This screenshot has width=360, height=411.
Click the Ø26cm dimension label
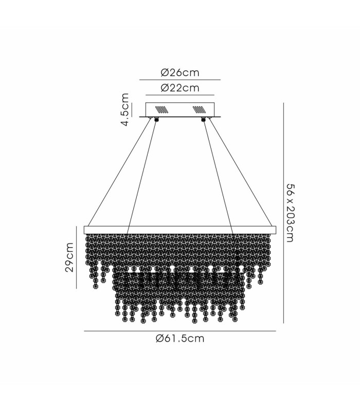tap(180, 72)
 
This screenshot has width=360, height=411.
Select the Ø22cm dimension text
tap(180, 88)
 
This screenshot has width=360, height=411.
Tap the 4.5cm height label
tap(125, 109)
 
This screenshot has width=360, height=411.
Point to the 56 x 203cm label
tap(291, 213)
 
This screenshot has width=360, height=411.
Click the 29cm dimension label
tap(69, 257)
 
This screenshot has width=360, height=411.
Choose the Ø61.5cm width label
tap(180, 339)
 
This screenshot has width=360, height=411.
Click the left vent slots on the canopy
tap(161, 109)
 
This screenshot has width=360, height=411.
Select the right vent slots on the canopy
tap(199, 109)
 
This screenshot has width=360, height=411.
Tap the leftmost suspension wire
tap(119, 173)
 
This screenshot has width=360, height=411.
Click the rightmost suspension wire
tap(241, 173)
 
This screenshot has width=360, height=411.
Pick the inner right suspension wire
tap(218, 177)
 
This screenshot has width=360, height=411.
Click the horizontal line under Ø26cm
tap(180, 80)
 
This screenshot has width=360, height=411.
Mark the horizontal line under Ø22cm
tap(180, 95)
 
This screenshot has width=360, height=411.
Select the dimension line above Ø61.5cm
tap(180, 331)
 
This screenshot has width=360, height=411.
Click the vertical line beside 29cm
tap(76, 257)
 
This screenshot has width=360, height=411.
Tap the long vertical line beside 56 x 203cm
tap(283, 213)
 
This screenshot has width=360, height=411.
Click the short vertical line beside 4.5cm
tap(132, 110)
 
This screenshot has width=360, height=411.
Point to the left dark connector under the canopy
tap(157, 120)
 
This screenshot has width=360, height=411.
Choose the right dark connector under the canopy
tap(203, 120)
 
